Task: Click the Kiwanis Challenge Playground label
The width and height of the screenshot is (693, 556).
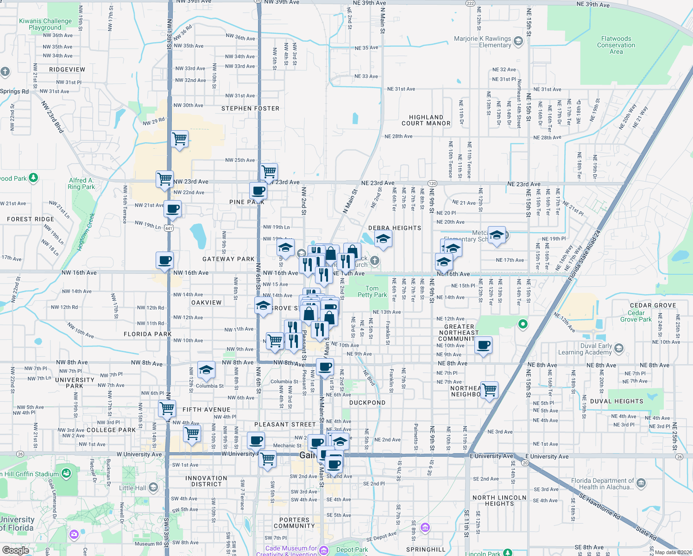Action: coord(45,24)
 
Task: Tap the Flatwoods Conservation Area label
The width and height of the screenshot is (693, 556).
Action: coord(616,45)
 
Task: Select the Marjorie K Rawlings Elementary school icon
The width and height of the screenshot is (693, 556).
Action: coord(518,42)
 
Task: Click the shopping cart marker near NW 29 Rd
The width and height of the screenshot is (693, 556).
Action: coord(179,139)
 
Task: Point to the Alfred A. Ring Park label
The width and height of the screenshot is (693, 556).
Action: coord(81,183)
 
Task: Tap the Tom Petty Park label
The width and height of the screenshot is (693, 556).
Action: coord(372,291)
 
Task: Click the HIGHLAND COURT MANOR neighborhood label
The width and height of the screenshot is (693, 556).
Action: coord(426,120)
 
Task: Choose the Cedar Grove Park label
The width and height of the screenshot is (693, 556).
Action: coord(636,316)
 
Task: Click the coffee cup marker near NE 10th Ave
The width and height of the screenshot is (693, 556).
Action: coord(483,345)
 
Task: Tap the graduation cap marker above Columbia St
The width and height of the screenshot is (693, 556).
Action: coord(206,370)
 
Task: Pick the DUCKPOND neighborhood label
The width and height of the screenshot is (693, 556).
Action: coord(367,403)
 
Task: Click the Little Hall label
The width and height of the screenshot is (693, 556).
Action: coord(132,488)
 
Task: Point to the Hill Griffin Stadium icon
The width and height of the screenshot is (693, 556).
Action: coord(66,473)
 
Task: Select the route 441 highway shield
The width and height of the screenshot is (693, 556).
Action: coord(169,228)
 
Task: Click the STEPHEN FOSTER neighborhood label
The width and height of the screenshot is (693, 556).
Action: coord(250,108)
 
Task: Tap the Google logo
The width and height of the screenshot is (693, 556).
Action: coord(15,550)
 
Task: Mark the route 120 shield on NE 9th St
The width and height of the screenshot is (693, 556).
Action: coord(432,183)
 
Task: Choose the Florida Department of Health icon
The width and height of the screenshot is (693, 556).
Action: coord(641,484)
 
